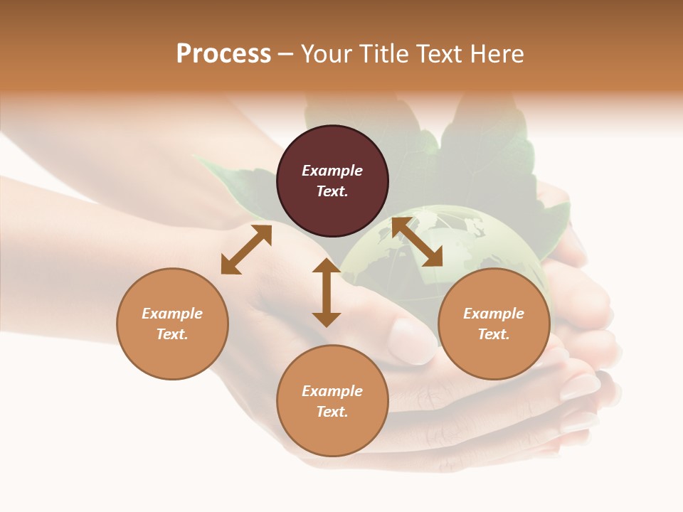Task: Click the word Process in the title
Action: point(223,54)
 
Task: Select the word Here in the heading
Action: point(497,54)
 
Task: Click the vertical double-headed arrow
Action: point(327,292)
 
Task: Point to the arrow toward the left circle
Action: point(246,250)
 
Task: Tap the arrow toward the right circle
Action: point(417,242)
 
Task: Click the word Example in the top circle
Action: point(332,171)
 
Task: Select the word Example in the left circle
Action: point(172,314)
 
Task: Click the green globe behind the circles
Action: point(455,245)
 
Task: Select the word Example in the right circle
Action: point(494,314)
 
